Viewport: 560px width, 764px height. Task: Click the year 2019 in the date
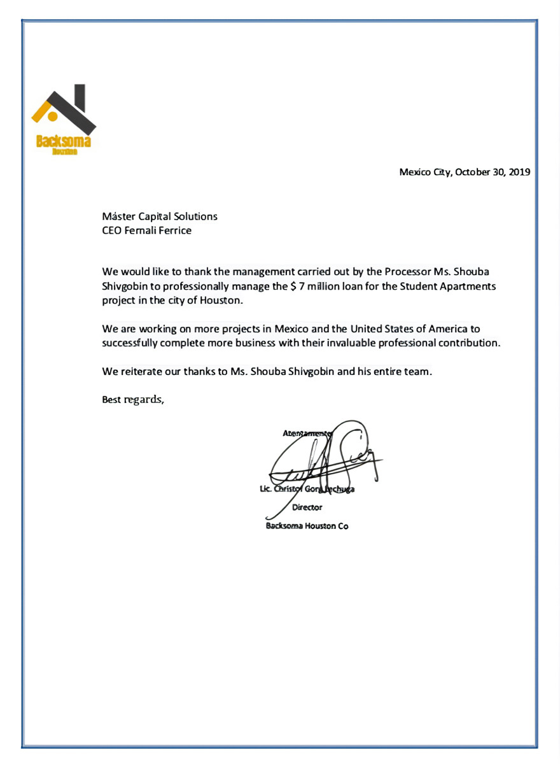coord(519,172)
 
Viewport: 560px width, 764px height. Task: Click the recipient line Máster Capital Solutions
coord(160,216)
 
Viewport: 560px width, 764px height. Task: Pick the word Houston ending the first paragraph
coord(223,301)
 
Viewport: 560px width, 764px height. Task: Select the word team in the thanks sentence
coord(417,371)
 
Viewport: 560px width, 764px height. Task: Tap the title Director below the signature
coord(307,507)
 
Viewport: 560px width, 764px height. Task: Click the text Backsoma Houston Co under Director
coord(307,527)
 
